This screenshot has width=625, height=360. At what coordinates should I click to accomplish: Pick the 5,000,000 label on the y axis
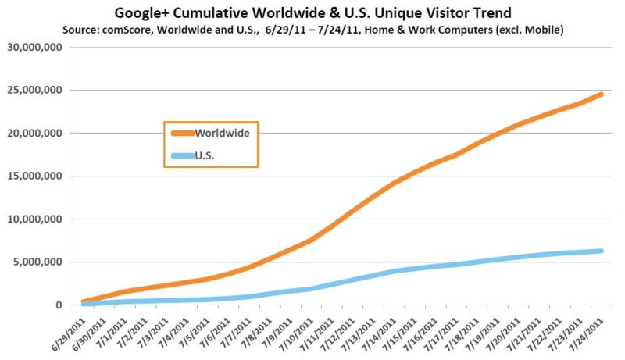37,262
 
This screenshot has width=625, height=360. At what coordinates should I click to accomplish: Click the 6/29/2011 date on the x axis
68,331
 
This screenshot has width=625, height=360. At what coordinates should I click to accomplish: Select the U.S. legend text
204,155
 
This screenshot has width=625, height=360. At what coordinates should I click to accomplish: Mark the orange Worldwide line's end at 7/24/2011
602,94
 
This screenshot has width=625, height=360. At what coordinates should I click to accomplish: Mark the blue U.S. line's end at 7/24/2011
602,251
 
